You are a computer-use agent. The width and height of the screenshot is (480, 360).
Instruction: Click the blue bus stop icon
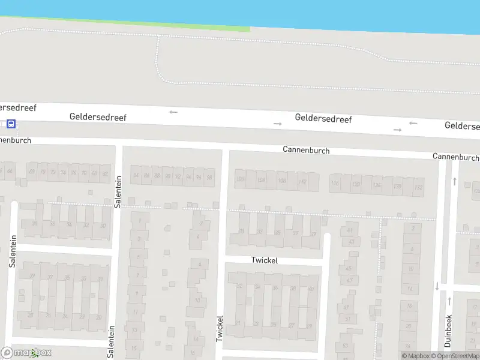11,124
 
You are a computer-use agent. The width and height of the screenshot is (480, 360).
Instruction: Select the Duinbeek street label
448,330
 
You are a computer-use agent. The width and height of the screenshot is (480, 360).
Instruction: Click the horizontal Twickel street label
265,260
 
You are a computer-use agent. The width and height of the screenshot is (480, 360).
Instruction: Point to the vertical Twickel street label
220,329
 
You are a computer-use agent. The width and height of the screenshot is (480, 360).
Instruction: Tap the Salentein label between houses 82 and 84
118,191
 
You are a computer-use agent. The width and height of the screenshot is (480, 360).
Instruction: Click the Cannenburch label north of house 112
306,150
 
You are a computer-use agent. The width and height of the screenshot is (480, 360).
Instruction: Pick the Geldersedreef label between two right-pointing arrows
323,118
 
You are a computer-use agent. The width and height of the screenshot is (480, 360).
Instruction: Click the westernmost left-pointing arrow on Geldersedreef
173,112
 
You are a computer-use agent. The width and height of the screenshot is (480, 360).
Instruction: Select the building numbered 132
418,187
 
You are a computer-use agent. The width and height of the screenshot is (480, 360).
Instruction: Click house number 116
335,184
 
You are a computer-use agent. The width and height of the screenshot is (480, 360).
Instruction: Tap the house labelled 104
260,180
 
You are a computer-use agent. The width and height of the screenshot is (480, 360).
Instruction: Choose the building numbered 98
209,178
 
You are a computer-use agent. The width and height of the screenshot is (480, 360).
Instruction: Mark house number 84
136,176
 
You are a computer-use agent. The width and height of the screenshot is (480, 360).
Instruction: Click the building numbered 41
350,230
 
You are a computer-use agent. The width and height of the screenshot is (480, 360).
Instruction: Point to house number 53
344,346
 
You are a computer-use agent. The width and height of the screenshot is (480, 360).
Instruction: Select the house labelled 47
349,280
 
